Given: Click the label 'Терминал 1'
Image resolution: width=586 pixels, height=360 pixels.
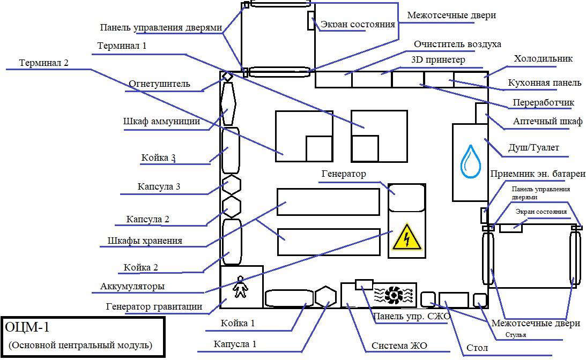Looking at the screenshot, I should (122, 46).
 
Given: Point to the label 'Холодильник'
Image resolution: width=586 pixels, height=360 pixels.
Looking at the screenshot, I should (543, 59).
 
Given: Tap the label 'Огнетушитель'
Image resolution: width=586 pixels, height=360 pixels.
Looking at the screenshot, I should (159, 84).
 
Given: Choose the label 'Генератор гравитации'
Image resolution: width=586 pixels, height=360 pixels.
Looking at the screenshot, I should (154, 307).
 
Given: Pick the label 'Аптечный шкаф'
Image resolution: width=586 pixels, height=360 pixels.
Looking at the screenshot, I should (547, 122).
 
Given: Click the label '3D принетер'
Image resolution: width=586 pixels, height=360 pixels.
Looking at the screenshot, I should (438, 60).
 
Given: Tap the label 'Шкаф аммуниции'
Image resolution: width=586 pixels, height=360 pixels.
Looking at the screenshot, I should (161, 122).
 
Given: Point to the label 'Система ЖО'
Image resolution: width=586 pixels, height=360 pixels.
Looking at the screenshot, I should (399, 346).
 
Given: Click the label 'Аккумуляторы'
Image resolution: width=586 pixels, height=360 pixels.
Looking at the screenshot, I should (132, 287).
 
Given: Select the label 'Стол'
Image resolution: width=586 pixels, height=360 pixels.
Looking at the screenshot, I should (477, 348).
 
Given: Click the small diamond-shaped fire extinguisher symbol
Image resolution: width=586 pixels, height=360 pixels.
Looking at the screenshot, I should (228, 77).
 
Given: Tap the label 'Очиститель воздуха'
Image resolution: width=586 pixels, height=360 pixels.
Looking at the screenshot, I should (457, 44).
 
